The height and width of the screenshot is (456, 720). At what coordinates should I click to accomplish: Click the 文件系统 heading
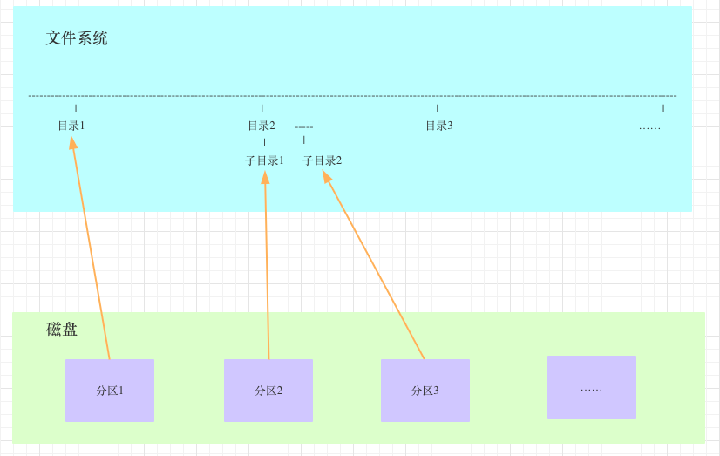click(x=77, y=38)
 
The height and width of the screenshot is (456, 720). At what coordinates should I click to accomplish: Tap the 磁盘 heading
click(x=62, y=329)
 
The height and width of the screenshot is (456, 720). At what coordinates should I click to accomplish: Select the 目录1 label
click(x=71, y=126)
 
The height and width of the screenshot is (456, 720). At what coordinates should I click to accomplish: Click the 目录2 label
click(x=261, y=126)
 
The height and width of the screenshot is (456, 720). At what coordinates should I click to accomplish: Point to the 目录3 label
click(x=438, y=126)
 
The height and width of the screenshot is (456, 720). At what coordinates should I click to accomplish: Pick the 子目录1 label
click(x=264, y=160)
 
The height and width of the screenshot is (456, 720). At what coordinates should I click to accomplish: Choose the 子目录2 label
click(x=322, y=160)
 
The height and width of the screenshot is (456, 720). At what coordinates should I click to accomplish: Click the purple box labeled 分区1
click(x=110, y=391)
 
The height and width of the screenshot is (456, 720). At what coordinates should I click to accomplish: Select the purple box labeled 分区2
click(x=268, y=391)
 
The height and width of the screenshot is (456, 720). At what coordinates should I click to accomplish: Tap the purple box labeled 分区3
click(x=425, y=391)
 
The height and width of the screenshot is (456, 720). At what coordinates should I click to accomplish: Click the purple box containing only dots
click(x=591, y=387)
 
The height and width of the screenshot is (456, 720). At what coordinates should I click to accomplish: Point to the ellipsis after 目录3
click(x=649, y=127)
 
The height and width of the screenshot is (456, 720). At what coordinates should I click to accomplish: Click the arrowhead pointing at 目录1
click(x=73, y=142)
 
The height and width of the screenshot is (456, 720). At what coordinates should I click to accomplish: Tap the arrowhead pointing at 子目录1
click(x=265, y=177)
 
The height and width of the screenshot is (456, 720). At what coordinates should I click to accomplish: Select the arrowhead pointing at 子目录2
click(x=328, y=176)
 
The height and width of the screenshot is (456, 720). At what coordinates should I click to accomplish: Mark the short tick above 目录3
click(x=438, y=108)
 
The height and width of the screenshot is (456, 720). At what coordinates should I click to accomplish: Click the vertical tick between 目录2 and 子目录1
click(x=264, y=142)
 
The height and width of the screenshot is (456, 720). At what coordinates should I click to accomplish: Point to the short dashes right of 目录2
click(x=303, y=127)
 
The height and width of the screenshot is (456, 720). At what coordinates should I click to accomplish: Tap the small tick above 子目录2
click(x=304, y=140)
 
